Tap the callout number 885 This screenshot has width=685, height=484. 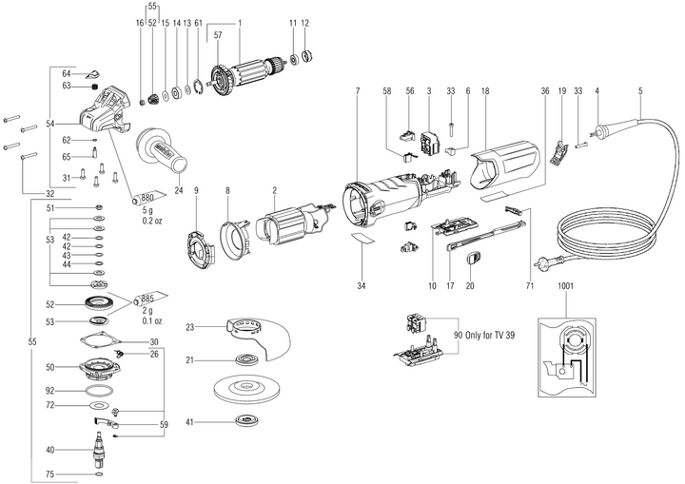click(x=147, y=297)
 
